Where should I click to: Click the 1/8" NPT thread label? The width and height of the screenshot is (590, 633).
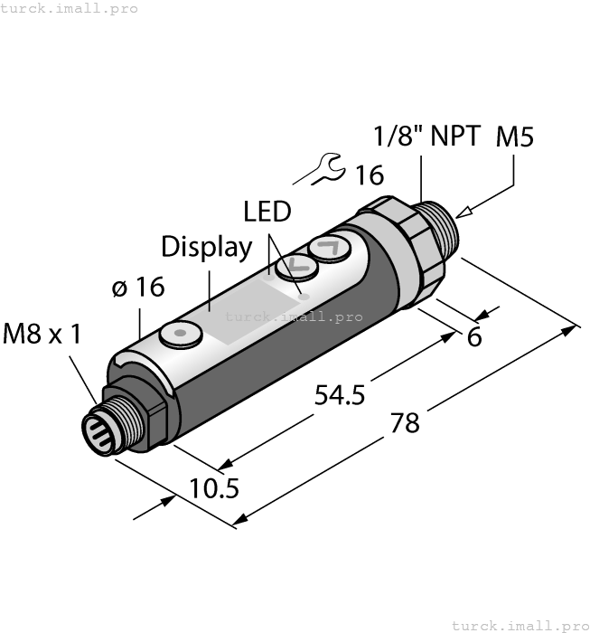coord(427,137)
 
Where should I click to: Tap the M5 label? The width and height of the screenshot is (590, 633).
coord(514,137)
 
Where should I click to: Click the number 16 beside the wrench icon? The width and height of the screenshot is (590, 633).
coord(369,174)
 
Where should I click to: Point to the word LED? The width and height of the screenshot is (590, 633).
coord(267,212)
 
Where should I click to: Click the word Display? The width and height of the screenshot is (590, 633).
coord(206,246)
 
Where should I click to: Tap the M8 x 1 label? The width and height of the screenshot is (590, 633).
coord(42,334)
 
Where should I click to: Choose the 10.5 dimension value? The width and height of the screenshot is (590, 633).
coord(214,488)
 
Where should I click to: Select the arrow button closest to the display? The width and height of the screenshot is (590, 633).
coord(295,267)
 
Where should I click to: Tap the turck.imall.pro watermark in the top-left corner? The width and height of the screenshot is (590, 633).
coord(70,8)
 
